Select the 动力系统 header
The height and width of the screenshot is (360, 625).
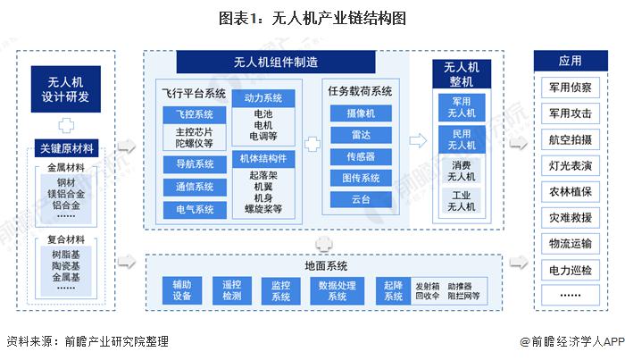click(262, 98)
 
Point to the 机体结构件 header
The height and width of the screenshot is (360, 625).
click(262, 157)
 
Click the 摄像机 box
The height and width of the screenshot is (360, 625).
click(361, 113)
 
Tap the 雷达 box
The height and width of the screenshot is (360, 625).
click(361, 135)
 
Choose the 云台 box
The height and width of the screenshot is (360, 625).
click(361, 199)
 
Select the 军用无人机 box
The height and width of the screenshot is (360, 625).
click(461, 108)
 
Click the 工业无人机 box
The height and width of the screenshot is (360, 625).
click(461, 201)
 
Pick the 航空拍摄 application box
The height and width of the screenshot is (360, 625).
click(569, 139)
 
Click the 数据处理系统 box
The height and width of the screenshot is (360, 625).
click(337, 290)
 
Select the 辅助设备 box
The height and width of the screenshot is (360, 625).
click(182, 290)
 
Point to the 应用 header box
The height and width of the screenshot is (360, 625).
click(569, 62)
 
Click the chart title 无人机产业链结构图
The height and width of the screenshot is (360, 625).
click(312, 18)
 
